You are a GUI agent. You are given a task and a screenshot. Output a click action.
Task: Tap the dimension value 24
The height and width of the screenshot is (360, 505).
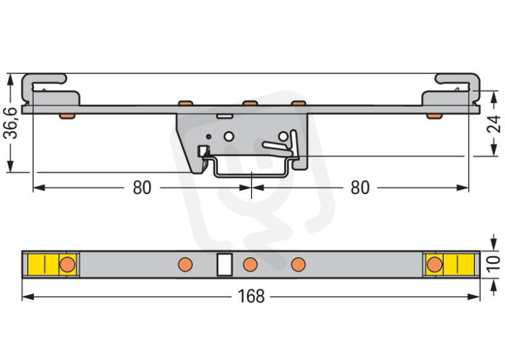point(494,124)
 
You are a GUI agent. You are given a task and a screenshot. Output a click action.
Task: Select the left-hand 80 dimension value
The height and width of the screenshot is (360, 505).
point(142,188)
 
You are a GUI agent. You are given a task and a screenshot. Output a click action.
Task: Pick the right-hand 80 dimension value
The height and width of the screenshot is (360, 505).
point(360,188)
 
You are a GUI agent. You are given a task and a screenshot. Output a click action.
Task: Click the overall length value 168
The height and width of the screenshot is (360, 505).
point(251,296)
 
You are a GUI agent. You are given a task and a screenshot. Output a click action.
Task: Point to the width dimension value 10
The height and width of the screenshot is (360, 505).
point(494,264)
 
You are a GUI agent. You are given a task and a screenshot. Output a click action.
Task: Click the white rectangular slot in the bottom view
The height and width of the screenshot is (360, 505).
point(225,264)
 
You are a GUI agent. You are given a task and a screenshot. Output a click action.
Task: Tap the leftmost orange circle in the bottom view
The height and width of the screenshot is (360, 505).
point(68,264)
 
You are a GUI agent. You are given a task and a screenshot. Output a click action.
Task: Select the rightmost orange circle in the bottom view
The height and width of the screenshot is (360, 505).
point(434,265)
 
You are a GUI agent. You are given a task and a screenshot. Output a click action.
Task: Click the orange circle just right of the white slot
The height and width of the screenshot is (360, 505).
point(250,265)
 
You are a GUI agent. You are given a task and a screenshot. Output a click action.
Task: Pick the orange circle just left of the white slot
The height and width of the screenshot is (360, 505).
point(185,265)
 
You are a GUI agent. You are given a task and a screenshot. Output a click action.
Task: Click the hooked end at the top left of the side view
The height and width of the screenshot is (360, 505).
point(43,80)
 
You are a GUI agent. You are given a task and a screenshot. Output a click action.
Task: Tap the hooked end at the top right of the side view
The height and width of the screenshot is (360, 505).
point(458,80)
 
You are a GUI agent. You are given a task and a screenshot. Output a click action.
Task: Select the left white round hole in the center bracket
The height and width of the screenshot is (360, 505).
point(229,136)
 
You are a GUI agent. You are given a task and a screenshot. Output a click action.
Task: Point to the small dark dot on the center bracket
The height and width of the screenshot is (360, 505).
point(209,136)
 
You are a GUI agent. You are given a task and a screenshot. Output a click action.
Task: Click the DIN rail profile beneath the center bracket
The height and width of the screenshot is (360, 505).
point(251,175)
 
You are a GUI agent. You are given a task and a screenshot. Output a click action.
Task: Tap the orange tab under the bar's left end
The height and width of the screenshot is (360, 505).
point(67,116)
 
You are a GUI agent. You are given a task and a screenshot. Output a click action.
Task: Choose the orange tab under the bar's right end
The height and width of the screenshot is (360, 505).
point(434,116)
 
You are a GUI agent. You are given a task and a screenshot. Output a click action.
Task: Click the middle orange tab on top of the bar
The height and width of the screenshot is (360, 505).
point(250,103)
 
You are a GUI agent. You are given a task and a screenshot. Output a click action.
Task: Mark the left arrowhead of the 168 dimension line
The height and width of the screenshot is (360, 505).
point(27,296)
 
